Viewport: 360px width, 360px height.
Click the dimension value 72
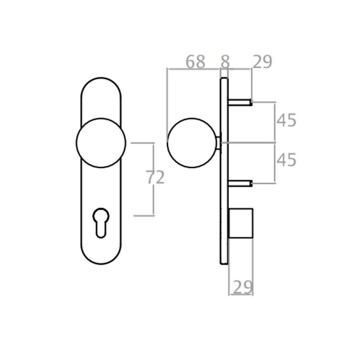pos(155,178)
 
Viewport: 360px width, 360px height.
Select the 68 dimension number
pos(196,62)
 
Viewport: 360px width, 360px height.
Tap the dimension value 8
pos(225,62)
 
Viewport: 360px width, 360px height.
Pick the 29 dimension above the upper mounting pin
pos(262,62)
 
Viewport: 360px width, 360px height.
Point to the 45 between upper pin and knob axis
pos(286,121)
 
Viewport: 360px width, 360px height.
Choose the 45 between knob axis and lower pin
pos(286,161)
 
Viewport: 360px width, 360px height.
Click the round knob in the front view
pos(101,143)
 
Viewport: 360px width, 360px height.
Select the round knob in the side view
pos(192,143)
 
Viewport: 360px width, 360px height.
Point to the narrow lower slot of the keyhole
pos(101,230)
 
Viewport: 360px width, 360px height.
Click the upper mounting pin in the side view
pos(240,102)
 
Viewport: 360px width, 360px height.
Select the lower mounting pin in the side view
pos(240,183)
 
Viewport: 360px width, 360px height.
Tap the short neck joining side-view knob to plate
pos(219,143)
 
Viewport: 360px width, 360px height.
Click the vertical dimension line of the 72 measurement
pos(153,199)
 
